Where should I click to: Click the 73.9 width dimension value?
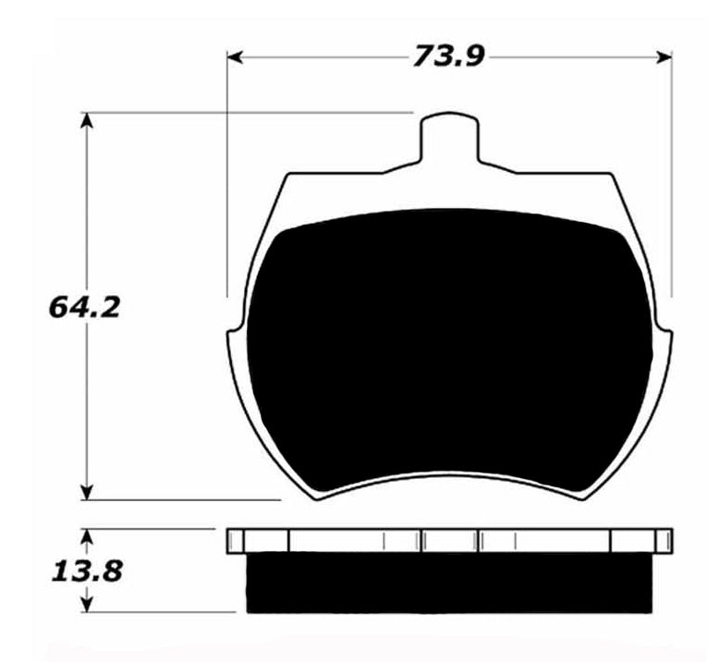point(449,57)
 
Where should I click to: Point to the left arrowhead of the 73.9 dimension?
point(235,57)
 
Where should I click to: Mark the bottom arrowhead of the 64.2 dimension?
point(88,493)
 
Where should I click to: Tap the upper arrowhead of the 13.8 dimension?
point(88,535)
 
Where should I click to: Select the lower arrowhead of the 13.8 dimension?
point(88,606)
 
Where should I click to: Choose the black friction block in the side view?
point(449,582)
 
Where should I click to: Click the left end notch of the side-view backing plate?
point(237,541)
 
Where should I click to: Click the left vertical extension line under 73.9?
point(226,185)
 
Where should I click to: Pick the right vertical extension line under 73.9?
point(672,185)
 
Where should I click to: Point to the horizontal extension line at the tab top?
point(250,112)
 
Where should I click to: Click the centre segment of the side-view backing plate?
point(450,541)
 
